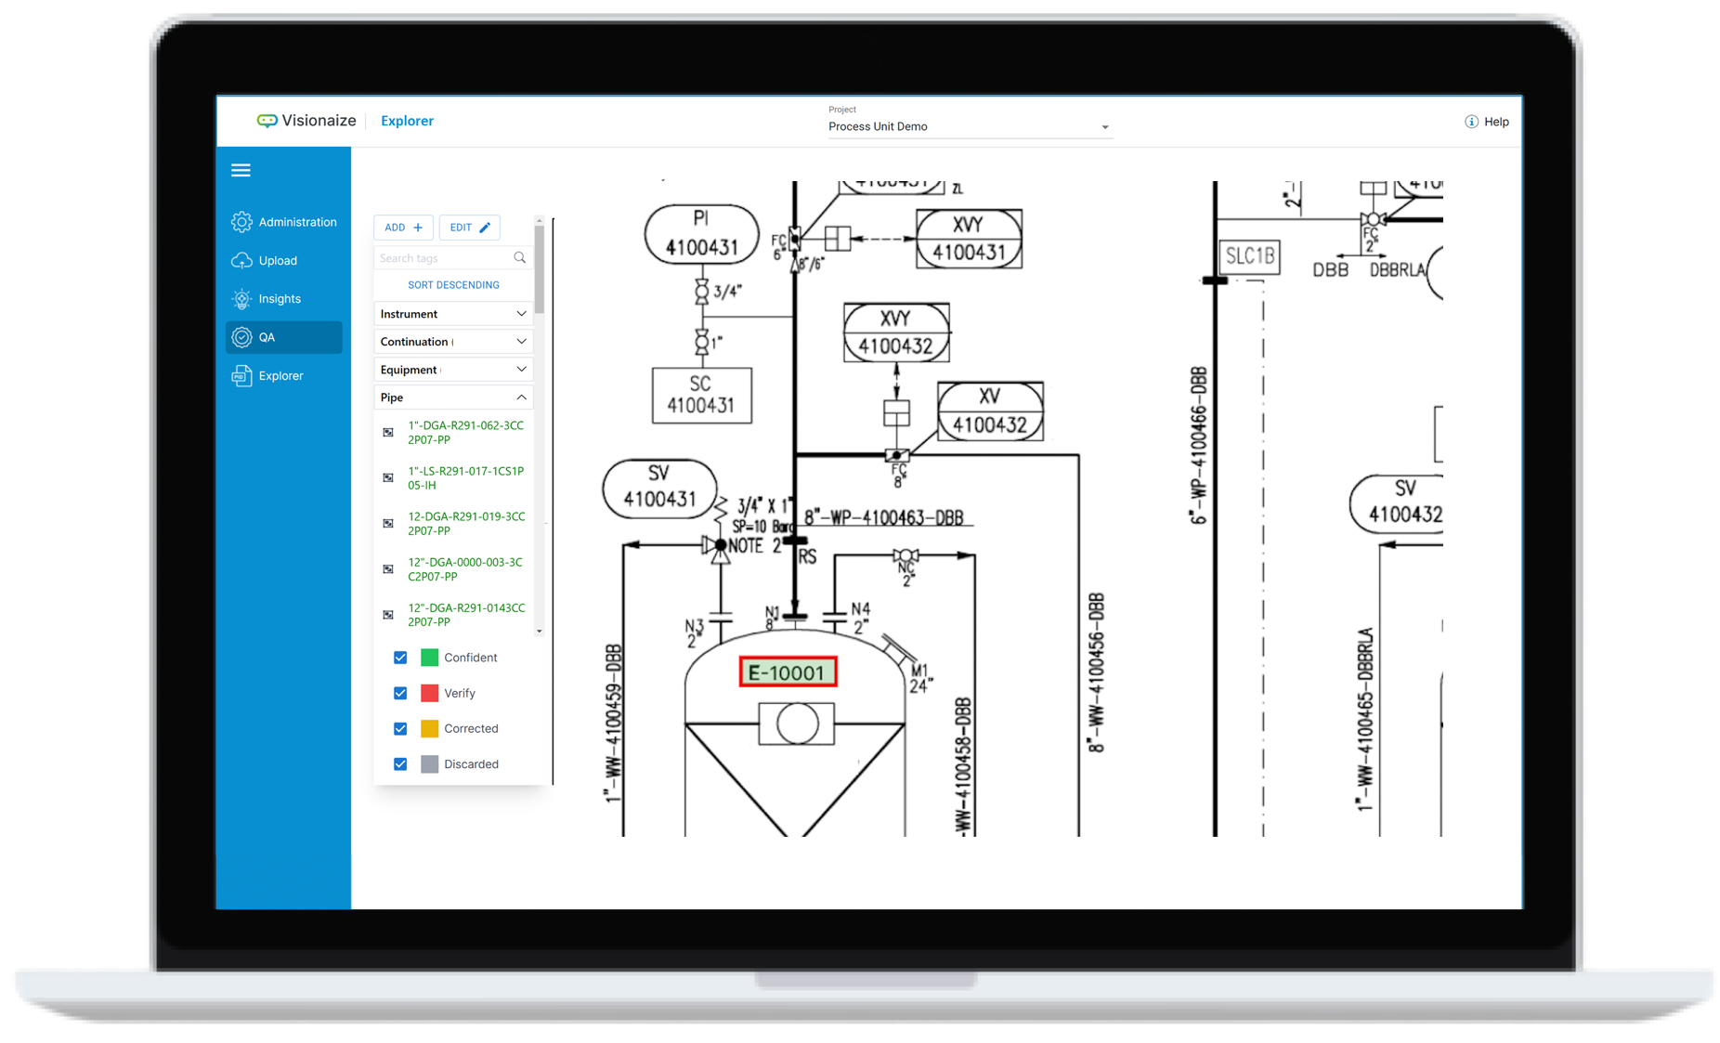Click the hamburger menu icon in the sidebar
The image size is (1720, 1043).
pos(241,170)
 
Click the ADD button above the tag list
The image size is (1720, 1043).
pos(403,228)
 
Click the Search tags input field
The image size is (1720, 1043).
pos(444,258)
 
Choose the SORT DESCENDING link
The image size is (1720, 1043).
pos(453,285)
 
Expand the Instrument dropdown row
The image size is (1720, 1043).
pos(453,314)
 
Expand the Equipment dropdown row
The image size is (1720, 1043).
pos(453,370)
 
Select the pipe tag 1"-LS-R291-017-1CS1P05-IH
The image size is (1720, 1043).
pos(465,478)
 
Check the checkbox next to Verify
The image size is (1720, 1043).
pos(400,693)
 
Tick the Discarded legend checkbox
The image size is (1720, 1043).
pos(400,764)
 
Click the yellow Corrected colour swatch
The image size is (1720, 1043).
pos(429,729)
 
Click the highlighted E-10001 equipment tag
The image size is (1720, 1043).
pos(788,672)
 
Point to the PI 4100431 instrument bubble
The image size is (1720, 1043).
pos(701,233)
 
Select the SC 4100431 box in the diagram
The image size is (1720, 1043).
pos(701,395)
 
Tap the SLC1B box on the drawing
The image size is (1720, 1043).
pos(1249,256)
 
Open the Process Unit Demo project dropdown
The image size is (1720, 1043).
pos(969,126)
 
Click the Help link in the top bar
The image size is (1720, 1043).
pos(1487,122)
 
